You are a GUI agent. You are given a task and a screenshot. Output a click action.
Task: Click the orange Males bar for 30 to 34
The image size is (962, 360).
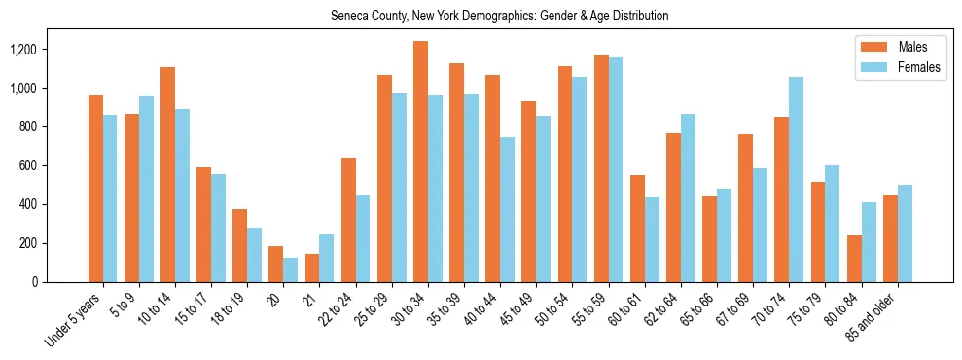[x=420, y=162]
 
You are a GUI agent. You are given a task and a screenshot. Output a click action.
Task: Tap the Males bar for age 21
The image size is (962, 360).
[x=312, y=268]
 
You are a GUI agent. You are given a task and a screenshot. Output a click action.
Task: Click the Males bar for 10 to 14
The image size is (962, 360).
[x=168, y=174]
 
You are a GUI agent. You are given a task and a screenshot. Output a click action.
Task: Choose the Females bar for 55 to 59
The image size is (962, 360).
[x=616, y=169]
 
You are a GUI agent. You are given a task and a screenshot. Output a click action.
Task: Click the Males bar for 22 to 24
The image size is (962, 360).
[x=348, y=220]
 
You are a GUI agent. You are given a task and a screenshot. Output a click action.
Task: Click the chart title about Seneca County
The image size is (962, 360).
[x=499, y=17]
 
